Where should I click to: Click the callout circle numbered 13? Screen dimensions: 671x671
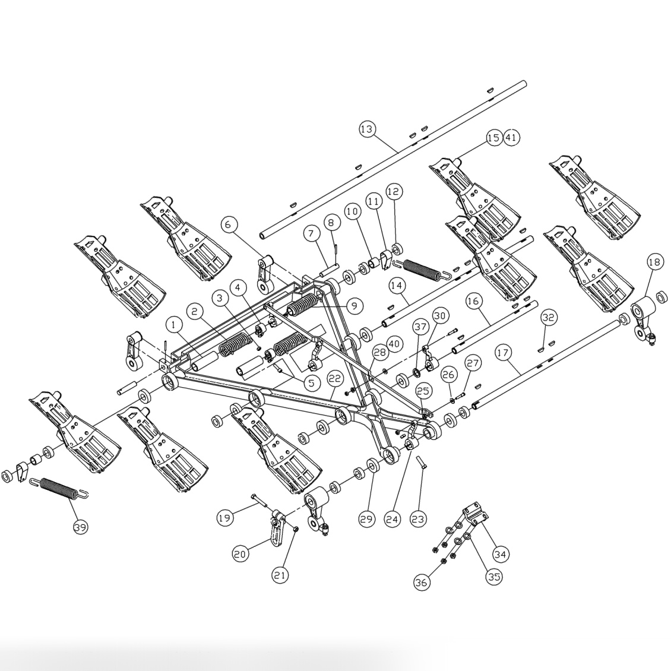[368, 129]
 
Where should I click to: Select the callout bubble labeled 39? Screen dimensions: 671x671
[81, 527]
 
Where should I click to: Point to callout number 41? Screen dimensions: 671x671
[511, 137]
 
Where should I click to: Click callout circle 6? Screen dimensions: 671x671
[229, 224]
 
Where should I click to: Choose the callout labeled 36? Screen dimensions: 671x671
[421, 583]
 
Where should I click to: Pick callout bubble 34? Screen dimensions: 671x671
[501, 554]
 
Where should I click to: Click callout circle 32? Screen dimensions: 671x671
[548, 318]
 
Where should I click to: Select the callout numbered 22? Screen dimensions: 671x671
[335, 378]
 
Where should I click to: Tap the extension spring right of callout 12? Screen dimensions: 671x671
[425, 269]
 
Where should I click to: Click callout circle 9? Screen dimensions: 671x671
[353, 306]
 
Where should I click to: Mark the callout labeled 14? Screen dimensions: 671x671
[397, 285]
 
